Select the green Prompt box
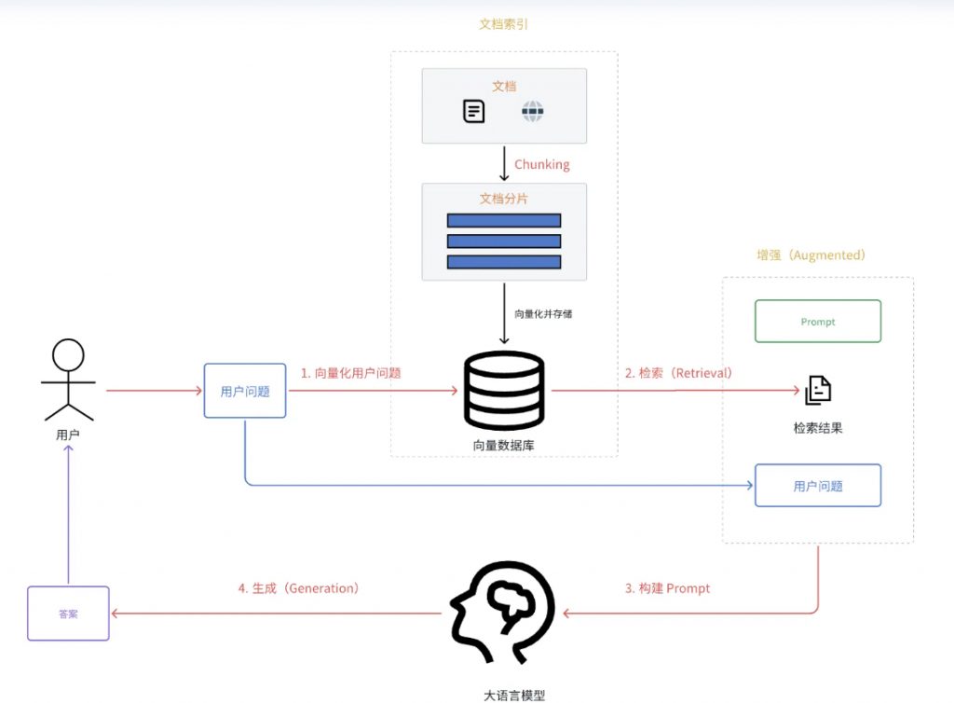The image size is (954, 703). click(817, 322)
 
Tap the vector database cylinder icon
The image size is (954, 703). click(504, 390)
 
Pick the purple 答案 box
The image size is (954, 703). click(68, 613)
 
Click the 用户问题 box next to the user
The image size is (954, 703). click(245, 392)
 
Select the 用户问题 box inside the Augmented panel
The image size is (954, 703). click(817, 486)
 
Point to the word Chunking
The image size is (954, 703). click(541, 164)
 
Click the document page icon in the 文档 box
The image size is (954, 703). click(474, 112)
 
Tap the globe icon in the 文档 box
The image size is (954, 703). click(532, 112)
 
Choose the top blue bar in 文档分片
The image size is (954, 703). click(504, 221)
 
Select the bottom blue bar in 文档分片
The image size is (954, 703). click(504, 261)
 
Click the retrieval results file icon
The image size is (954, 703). click(818, 391)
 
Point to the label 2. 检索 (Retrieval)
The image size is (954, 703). click(678, 373)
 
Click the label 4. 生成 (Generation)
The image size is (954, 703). click(298, 588)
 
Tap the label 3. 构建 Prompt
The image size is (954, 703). click(667, 588)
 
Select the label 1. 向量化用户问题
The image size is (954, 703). click(350, 373)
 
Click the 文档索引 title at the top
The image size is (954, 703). click(503, 24)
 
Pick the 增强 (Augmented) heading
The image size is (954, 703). click(811, 255)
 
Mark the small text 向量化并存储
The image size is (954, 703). click(543, 314)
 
